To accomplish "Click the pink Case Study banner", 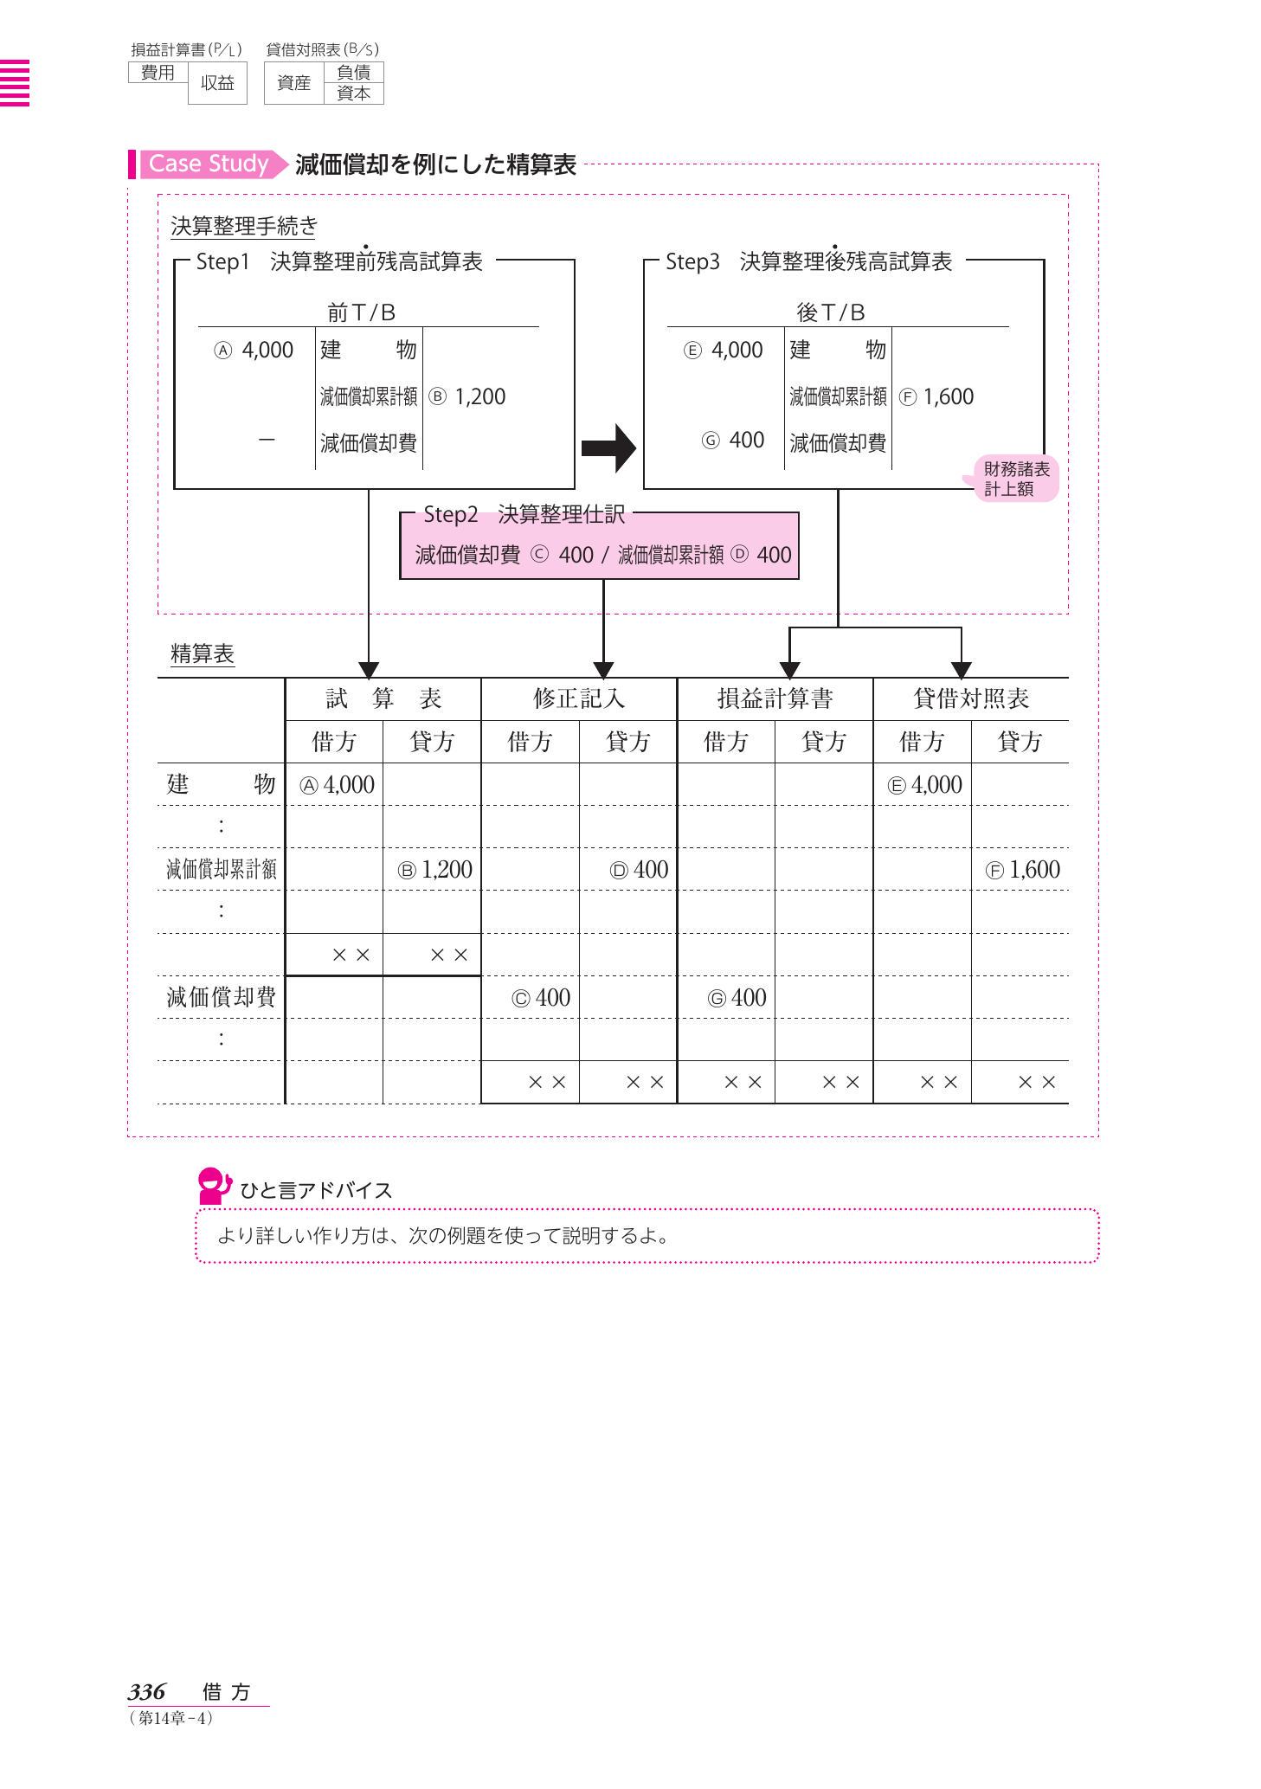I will click(209, 164).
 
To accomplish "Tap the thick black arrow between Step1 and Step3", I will click(608, 447).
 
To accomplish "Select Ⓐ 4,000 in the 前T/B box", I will click(254, 350).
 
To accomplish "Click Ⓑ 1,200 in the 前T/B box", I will click(467, 396).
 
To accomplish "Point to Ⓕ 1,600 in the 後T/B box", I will click(936, 396).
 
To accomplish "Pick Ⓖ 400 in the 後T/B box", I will click(733, 440).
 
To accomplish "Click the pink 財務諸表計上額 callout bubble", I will click(1015, 479).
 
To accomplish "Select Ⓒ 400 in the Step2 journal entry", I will click(562, 555).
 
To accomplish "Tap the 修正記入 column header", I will click(578, 698).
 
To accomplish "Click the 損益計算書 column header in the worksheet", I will click(775, 698).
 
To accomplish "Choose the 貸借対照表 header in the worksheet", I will click(970, 698).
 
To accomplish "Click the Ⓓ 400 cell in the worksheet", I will click(639, 870).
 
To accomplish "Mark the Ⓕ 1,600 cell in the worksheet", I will click(1022, 870).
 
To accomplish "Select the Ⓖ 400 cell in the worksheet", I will click(737, 998).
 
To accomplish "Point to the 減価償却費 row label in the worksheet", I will click(221, 998).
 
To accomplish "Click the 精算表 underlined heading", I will click(203, 654).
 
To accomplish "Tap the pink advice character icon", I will click(213, 1186).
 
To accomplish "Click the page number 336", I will click(146, 1692).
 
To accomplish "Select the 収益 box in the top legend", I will click(217, 83).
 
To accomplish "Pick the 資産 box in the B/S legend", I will click(293, 83).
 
